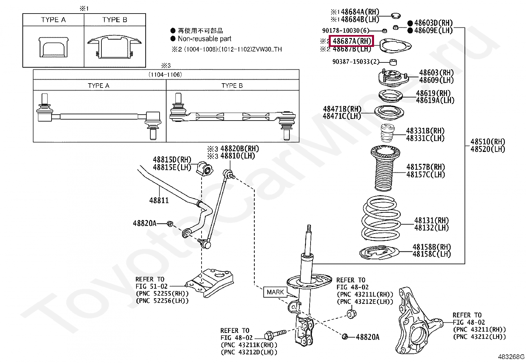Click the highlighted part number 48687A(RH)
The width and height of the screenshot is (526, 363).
point(352,41)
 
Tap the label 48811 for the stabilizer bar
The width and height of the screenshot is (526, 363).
point(159,200)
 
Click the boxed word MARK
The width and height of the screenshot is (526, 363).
point(275,292)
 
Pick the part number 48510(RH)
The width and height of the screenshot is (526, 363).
point(488,142)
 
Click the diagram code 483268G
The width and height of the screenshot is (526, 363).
point(511,357)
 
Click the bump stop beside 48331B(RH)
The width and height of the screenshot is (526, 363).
point(385,134)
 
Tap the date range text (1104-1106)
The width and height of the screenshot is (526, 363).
point(165,75)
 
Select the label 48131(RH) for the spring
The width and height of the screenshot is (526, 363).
point(432,220)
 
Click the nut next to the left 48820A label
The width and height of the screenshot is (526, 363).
point(170,224)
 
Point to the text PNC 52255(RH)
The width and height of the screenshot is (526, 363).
point(162,293)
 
